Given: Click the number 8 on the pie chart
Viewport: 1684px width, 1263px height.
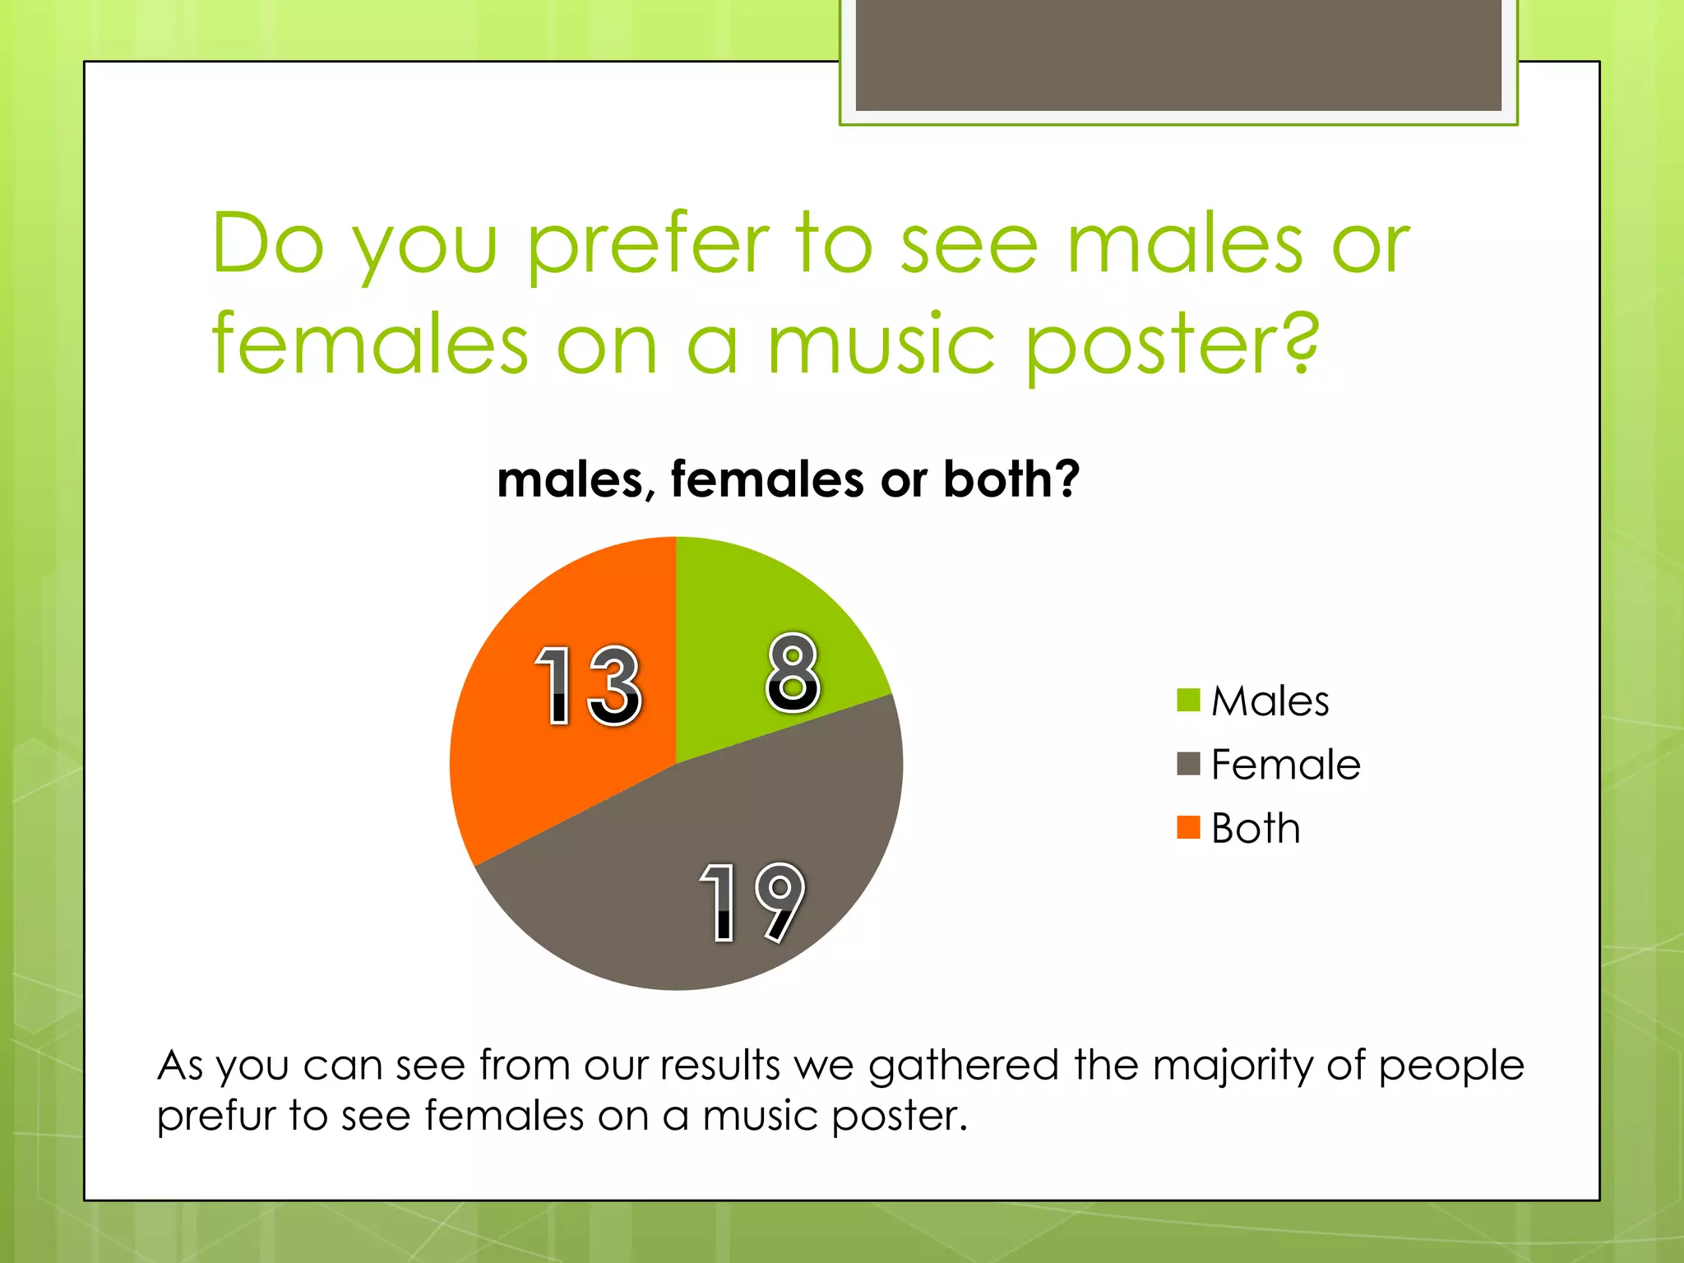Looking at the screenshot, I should point(793,672).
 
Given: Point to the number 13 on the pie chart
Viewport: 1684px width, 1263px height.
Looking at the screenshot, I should point(587,684).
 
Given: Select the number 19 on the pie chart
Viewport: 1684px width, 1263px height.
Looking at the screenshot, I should point(752,902).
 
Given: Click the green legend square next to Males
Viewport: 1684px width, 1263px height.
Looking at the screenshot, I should point(1188,701).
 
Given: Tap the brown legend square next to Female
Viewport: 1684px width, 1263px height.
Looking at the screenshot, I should point(1188,764).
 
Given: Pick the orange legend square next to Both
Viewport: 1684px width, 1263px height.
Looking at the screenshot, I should point(1188,827).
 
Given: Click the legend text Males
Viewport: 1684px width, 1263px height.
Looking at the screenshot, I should point(1270,701).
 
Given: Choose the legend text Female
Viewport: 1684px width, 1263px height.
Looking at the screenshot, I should point(1285,765).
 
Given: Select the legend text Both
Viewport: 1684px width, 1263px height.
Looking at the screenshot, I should point(1256,828).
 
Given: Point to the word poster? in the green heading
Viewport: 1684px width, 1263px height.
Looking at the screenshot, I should point(1172,345).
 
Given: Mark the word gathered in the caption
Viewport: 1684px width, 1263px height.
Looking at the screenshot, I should point(963,1066).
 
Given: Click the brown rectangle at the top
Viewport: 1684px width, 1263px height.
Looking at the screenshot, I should point(1178,54).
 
